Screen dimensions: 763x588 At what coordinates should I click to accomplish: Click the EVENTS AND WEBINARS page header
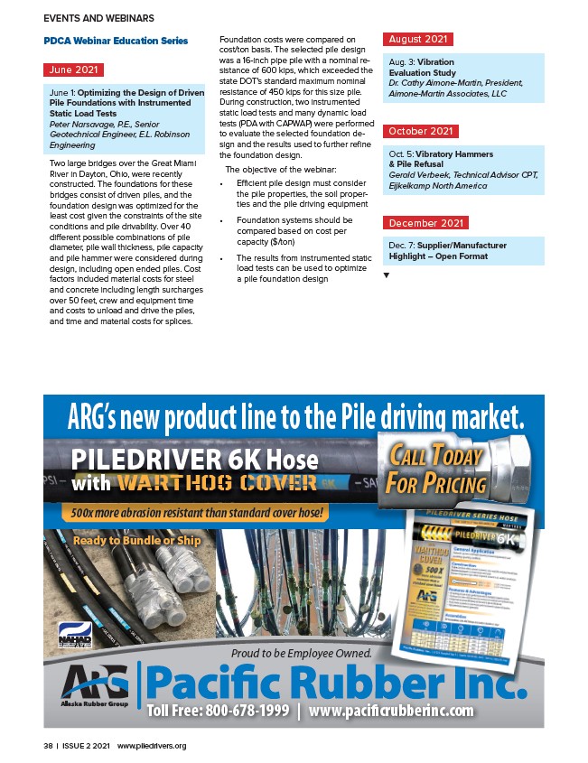tap(98, 18)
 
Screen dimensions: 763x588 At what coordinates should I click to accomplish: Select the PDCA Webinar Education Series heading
tap(116, 41)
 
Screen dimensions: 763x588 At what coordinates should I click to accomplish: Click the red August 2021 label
tap(418, 40)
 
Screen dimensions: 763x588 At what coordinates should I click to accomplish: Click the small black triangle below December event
tap(387, 274)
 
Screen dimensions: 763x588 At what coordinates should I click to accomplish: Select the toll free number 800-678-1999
tap(219, 711)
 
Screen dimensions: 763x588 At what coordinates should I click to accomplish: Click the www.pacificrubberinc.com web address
tap(390, 711)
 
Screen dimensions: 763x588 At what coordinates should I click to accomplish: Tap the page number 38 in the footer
tap(47, 746)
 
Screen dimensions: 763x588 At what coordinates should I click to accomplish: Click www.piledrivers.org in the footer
tap(152, 746)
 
